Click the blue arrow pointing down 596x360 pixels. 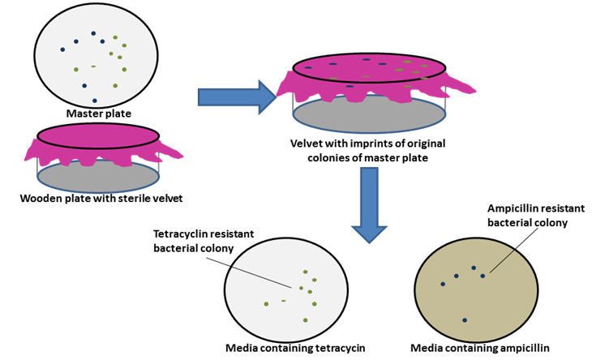(x=369, y=203)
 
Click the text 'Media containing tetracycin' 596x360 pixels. (x=295, y=349)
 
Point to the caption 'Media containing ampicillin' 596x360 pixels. (x=480, y=349)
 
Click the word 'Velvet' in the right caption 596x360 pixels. (x=307, y=144)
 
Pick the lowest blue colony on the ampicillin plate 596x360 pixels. (x=465, y=320)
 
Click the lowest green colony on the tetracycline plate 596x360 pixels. (x=305, y=320)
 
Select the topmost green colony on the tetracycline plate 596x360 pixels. (x=306, y=272)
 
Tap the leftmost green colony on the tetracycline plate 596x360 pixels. (x=266, y=304)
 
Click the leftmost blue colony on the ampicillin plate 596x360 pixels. (x=443, y=284)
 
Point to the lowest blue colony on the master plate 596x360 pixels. (x=95, y=101)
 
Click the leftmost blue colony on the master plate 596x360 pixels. (x=62, y=50)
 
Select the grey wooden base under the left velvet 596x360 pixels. (x=97, y=175)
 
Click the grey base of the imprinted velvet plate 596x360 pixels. (x=369, y=114)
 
